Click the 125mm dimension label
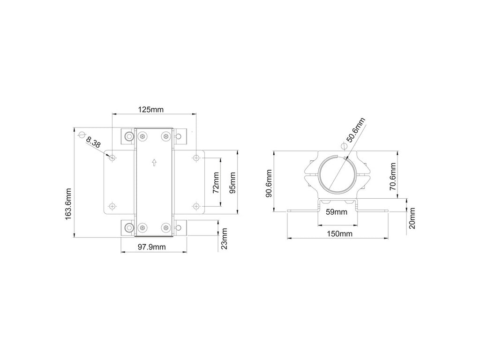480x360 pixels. click(x=150, y=109)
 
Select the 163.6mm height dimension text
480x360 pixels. click(x=68, y=203)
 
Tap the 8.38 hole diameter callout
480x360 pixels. click(x=93, y=142)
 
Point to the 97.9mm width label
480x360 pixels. click(x=151, y=247)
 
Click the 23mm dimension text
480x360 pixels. click(x=225, y=239)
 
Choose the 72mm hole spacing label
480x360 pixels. click(x=216, y=182)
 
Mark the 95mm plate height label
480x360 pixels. click(x=232, y=183)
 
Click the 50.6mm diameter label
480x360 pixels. click(x=355, y=130)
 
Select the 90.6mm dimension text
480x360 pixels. click(x=269, y=183)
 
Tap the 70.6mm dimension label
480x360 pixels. click(x=393, y=177)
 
